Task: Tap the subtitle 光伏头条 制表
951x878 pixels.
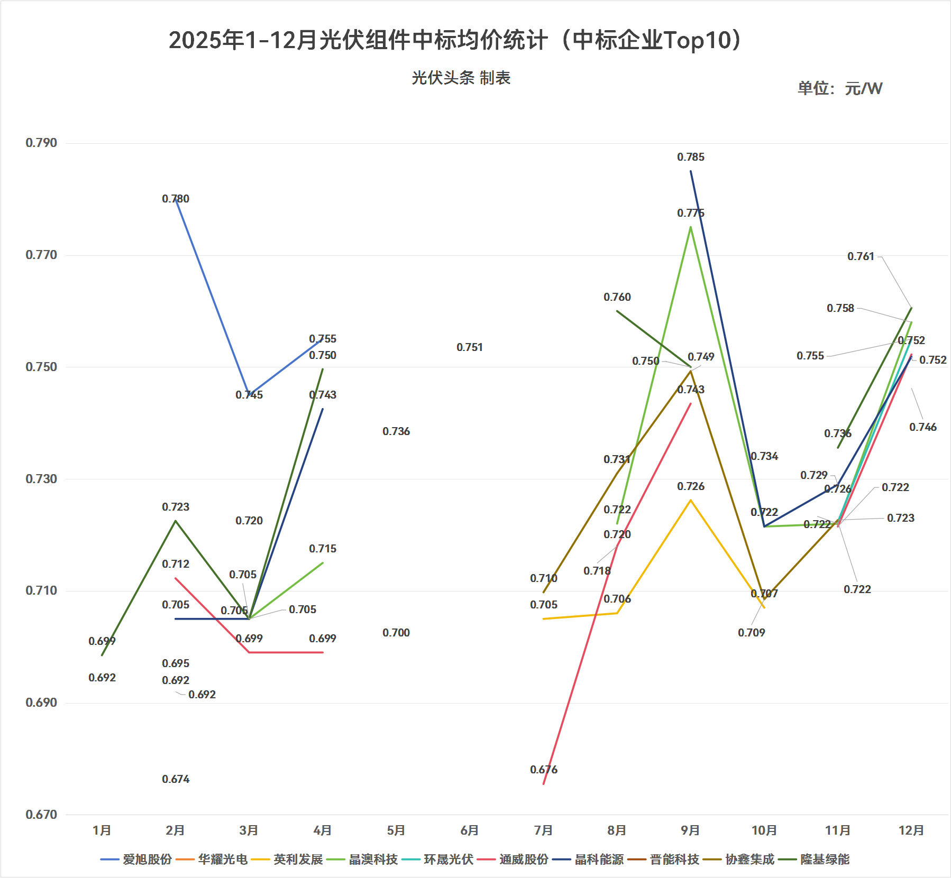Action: (461, 78)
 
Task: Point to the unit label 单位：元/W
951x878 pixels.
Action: (839, 88)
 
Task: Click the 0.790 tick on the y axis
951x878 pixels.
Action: (41, 143)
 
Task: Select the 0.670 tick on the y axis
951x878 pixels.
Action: (41, 815)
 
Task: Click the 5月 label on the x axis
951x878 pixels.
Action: (396, 830)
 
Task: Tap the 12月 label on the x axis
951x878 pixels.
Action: (911, 830)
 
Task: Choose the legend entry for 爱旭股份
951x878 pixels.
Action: (136, 859)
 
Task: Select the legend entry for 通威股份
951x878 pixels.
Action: (513, 859)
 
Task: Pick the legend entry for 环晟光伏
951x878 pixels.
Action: (438, 859)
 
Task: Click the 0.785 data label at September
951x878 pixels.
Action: (691, 157)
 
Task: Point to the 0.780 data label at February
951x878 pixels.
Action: (176, 199)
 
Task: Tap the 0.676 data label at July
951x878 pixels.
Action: (544, 770)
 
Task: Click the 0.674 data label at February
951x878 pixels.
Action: (176, 779)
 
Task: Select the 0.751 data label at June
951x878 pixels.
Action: (470, 347)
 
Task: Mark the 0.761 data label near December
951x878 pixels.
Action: (861, 256)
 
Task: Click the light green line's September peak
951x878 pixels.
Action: (691, 227)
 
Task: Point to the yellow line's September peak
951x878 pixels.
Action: (691, 500)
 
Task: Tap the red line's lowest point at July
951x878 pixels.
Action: (544, 783)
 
